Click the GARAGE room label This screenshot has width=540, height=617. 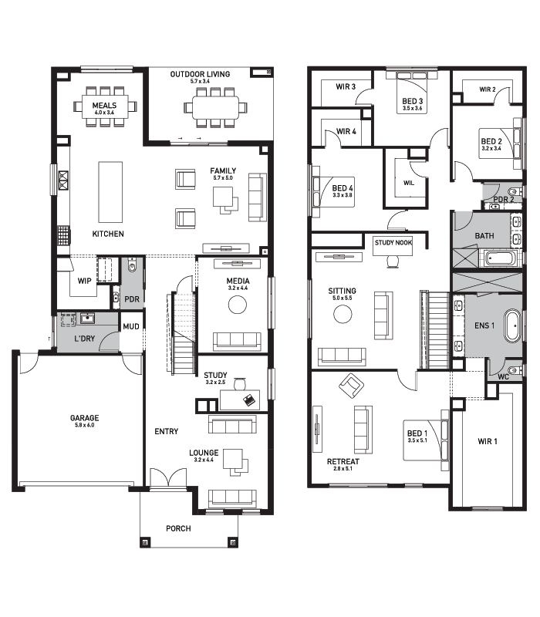84,418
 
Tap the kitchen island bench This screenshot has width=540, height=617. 110,191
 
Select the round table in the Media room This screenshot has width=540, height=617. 238,304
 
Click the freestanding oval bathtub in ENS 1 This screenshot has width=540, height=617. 513,325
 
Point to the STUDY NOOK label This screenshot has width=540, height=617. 393,243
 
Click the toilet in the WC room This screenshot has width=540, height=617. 514,371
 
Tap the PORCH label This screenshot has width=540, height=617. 178,528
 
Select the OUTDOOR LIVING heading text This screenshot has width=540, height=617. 200,74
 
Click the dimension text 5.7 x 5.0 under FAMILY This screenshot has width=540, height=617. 223,178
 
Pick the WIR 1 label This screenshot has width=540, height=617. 488,441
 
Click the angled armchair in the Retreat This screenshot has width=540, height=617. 352,385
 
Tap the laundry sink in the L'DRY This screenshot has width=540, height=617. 87,318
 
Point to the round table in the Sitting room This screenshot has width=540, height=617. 343,314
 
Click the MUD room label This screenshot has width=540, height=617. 131,326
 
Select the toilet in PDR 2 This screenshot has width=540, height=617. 514,192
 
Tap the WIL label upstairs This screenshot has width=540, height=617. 409,183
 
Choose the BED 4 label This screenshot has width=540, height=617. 343,188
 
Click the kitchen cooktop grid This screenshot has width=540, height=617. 63,235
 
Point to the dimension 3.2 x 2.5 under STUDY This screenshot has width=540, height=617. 215,382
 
